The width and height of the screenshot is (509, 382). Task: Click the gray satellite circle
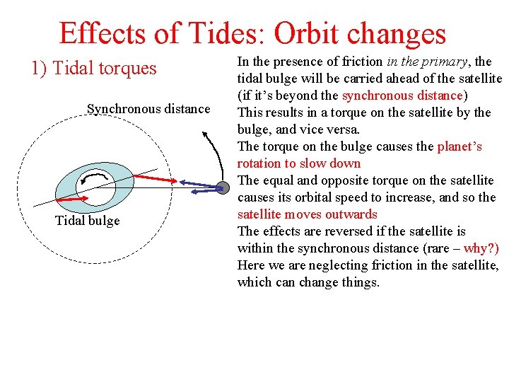click(x=222, y=187)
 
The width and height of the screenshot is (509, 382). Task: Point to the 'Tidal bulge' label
click(x=87, y=221)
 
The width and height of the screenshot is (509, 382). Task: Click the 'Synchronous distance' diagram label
click(x=148, y=108)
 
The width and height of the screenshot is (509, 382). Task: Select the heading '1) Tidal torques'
click(x=93, y=68)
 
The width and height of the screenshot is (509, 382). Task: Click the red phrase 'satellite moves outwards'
click(x=307, y=214)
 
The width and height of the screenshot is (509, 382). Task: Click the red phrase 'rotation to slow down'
click(x=299, y=163)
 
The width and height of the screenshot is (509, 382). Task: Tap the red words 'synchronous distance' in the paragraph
click(x=402, y=95)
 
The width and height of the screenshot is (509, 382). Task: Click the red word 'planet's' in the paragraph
click(x=460, y=146)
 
